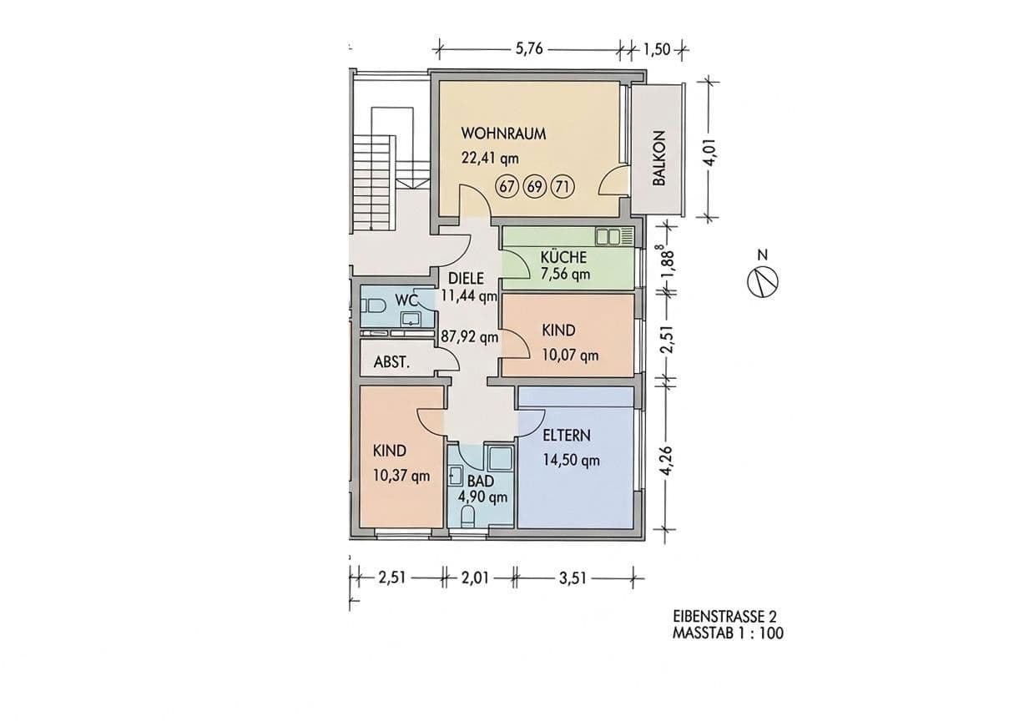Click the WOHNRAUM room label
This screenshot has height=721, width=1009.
click(x=503, y=134)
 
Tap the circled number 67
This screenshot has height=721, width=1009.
click(x=507, y=187)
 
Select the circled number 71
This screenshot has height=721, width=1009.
click(x=562, y=187)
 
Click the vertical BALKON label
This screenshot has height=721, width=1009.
click(x=658, y=158)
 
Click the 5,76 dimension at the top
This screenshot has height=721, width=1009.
click(x=529, y=48)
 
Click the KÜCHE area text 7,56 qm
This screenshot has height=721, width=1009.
click(x=565, y=274)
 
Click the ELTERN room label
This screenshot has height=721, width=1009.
click(x=567, y=435)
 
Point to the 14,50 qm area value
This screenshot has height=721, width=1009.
click(x=571, y=460)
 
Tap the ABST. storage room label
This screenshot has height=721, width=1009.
click(x=390, y=362)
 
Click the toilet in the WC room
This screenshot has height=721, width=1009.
click(x=372, y=306)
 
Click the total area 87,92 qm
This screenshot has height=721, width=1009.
click(x=470, y=337)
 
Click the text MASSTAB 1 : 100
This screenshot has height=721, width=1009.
click(x=728, y=633)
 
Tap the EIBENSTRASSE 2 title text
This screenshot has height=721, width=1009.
click(x=724, y=617)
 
